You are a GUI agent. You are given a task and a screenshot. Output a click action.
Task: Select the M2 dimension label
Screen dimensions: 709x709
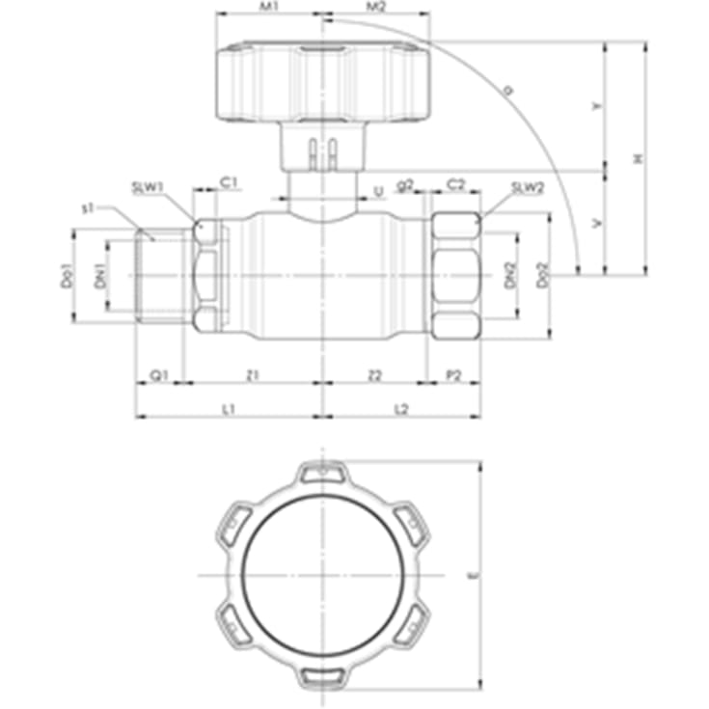[x=376, y=7]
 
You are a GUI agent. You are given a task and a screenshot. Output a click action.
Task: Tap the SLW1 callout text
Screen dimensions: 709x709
[x=148, y=187]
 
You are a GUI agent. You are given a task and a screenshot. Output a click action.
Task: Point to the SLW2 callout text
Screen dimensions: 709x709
[x=528, y=187]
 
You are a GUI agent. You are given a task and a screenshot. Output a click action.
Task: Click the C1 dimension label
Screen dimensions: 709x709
[x=229, y=181]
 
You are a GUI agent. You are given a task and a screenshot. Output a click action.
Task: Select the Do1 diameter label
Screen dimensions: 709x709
[x=67, y=278]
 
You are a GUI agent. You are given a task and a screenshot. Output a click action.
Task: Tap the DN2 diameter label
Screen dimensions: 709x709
[x=512, y=278]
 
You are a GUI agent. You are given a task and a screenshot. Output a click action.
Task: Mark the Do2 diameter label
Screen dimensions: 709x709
[x=543, y=278]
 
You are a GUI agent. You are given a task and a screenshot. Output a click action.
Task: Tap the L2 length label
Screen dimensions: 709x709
[x=401, y=409]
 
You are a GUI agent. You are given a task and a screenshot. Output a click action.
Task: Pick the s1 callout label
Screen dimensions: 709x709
[x=88, y=207]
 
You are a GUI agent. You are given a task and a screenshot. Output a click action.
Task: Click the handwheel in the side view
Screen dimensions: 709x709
[x=323, y=82]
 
